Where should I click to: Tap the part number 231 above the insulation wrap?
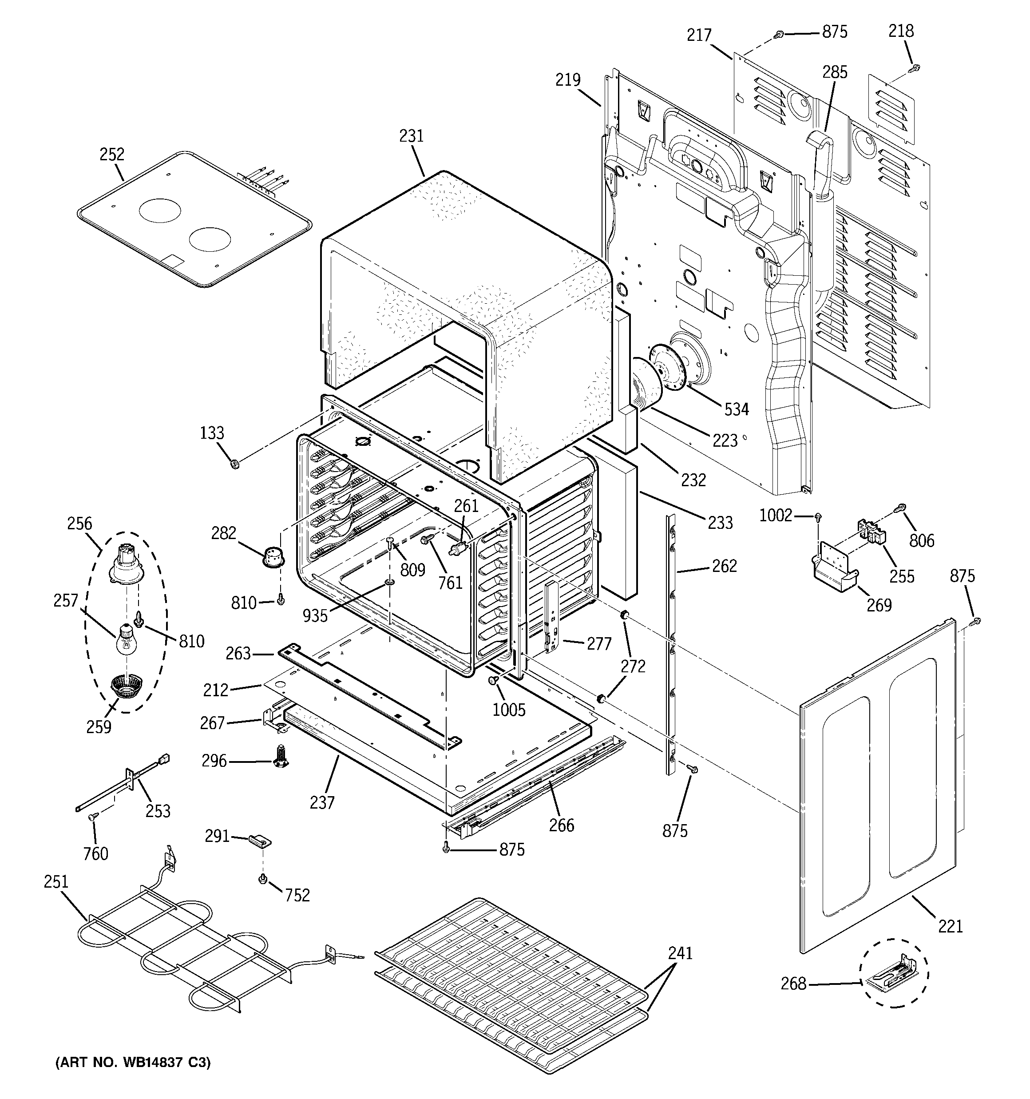[412, 136]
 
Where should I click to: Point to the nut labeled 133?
[234, 463]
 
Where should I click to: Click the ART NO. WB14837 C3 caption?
[133, 1063]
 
